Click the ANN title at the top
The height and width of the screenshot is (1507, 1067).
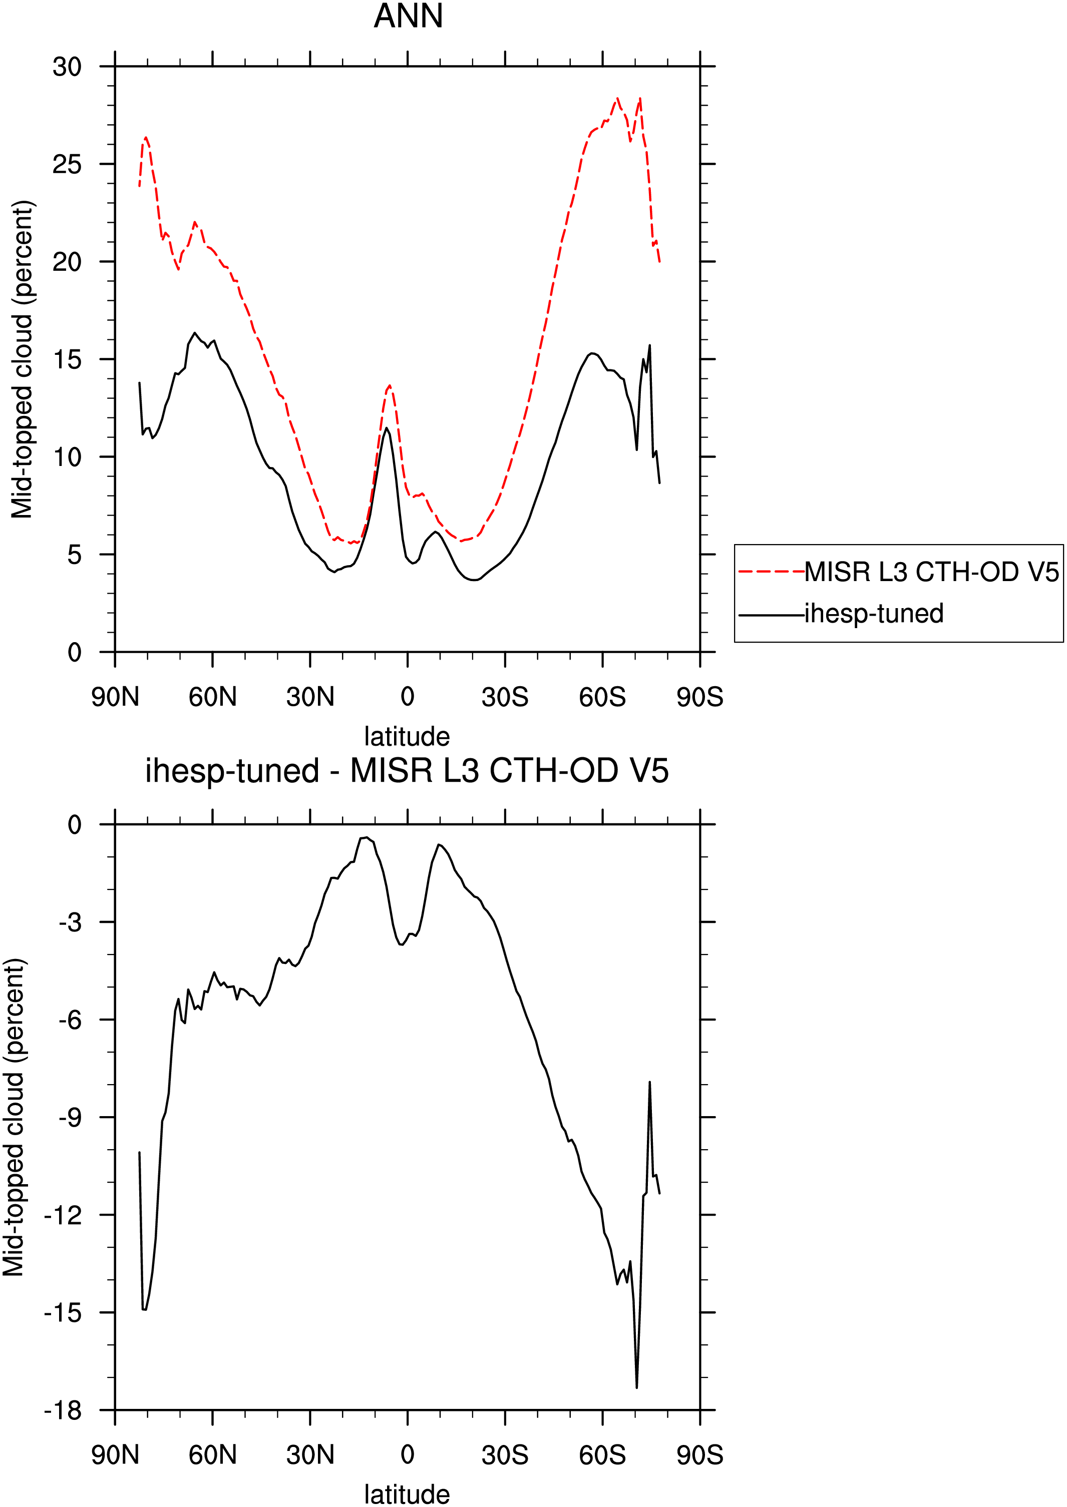408,16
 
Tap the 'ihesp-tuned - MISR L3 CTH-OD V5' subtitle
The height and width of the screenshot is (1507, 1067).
407,770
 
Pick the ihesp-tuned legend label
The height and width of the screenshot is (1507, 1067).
874,613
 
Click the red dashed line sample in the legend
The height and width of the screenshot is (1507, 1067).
772,572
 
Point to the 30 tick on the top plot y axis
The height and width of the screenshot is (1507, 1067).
67,67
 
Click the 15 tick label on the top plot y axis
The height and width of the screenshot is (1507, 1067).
67,359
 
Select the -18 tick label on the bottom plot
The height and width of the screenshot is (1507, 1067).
63,1410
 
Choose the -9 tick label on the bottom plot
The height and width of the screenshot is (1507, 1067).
70,1117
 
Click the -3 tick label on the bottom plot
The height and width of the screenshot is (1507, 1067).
70,922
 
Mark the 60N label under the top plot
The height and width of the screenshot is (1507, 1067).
212,697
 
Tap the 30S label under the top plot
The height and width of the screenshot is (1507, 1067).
505,697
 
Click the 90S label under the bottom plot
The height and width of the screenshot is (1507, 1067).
699,1454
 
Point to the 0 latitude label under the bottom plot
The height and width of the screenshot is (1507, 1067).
408,1454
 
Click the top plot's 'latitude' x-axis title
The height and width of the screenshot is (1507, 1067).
408,737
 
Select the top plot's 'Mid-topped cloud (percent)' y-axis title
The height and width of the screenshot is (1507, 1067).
22,359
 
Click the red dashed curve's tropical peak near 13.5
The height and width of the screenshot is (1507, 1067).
390,386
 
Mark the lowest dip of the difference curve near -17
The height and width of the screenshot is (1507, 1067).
637,1387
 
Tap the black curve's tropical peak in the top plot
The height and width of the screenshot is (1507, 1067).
387,428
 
